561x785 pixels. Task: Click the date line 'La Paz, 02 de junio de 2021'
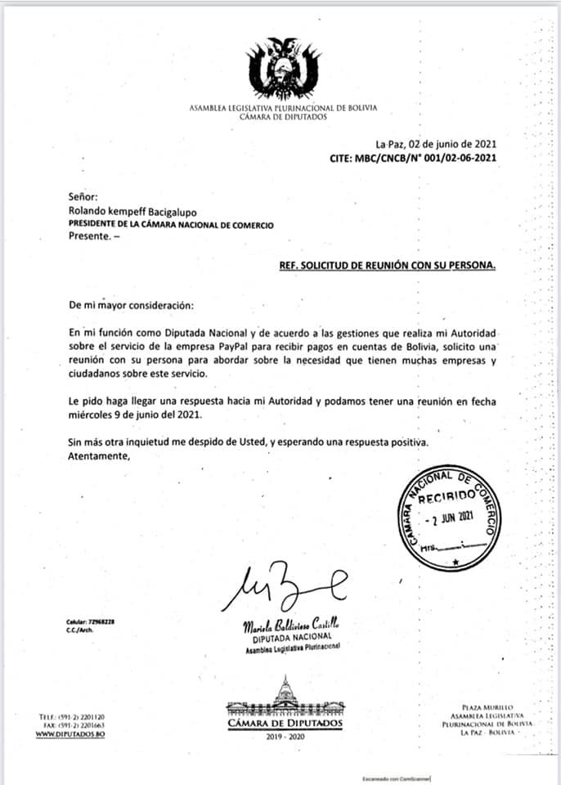(435, 144)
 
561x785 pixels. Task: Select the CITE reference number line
(412, 158)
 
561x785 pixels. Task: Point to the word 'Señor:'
(83, 196)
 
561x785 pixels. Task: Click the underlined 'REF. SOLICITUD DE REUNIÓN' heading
(386, 266)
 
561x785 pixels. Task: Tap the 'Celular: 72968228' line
(90, 622)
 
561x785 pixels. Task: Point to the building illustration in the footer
(284, 696)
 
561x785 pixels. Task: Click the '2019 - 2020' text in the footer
(284, 737)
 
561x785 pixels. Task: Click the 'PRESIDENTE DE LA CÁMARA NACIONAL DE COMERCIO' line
(171, 224)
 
